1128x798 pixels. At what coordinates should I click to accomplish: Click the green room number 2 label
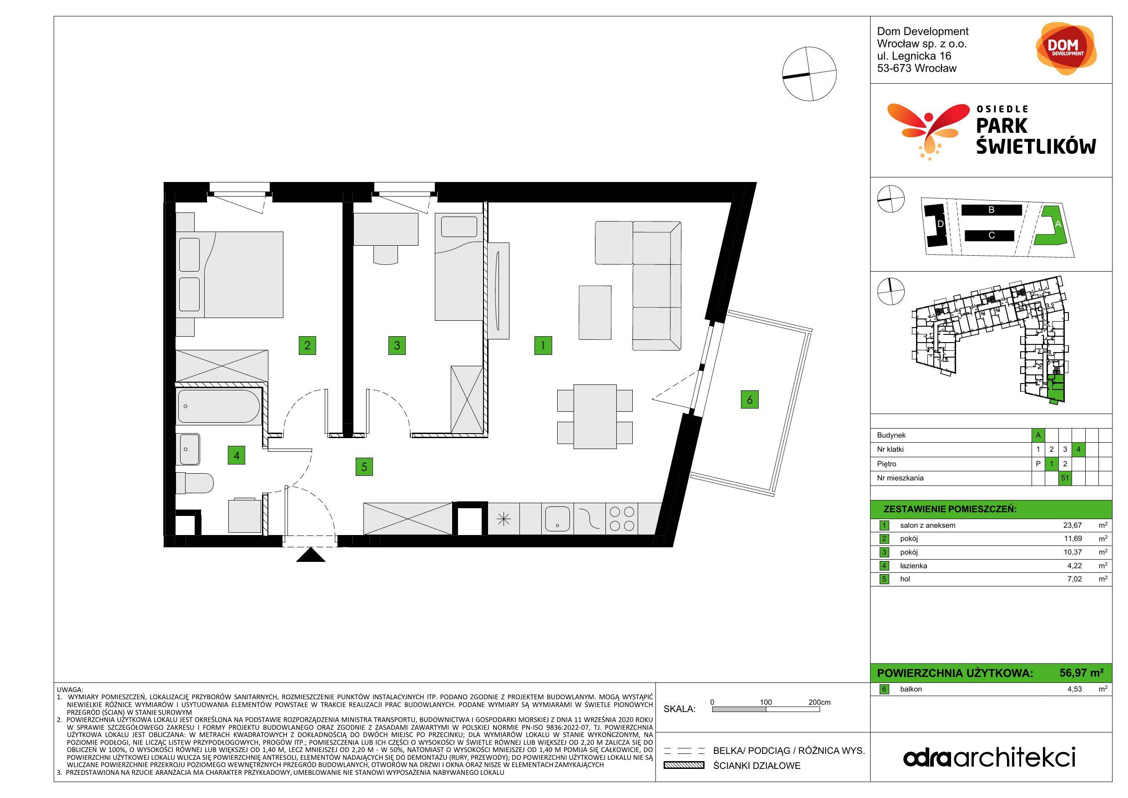[307, 345]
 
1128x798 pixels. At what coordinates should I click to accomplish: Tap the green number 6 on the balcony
[749, 399]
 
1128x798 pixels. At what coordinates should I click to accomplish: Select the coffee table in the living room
[595, 313]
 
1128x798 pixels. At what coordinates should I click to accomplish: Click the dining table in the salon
[595, 416]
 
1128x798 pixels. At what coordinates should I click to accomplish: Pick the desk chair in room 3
[386, 254]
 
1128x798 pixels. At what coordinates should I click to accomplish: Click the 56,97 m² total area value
[1081, 673]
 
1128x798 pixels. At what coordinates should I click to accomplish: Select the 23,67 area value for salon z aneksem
[1073, 525]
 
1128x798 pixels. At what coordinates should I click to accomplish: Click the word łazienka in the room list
[913, 566]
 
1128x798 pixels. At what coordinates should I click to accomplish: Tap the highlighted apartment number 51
[1065, 478]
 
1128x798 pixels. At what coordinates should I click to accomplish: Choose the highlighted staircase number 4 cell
[1078, 449]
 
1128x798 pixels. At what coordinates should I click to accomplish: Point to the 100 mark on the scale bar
[765, 702]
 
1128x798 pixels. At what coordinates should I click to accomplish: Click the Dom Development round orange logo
[1066, 49]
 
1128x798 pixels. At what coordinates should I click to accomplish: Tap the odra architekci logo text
[989, 758]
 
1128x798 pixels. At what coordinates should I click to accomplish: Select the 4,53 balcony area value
[1074, 689]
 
